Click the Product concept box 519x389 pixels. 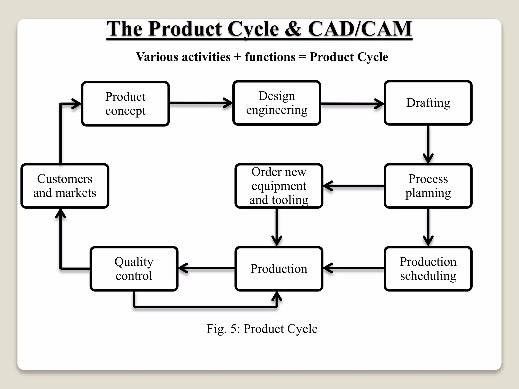pyautogui.click(x=125, y=104)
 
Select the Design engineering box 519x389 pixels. pyautogui.click(x=276, y=103)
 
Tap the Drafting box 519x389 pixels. pyautogui.click(x=428, y=103)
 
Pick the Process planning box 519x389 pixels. pyautogui.click(x=428, y=186)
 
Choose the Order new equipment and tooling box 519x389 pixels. pyautogui.click(x=279, y=186)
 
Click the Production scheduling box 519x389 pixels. pyautogui.click(x=428, y=269)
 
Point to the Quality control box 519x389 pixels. pyautogui.click(x=134, y=269)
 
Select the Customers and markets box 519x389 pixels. pyautogui.click(x=65, y=186)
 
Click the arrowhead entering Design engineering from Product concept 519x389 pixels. pyautogui.click(x=228, y=103)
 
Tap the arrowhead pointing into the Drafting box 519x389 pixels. pyautogui.click(x=380, y=104)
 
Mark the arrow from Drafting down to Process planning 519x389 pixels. pyautogui.click(x=428, y=144)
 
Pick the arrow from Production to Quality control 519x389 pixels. pyautogui.click(x=207, y=268)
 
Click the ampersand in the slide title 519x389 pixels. pyautogui.click(x=293, y=29)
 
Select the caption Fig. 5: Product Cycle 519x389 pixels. pyautogui.click(x=262, y=329)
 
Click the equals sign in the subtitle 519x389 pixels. pyautogui.click(x=302, y=57)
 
